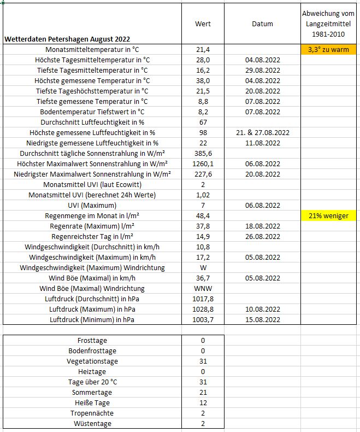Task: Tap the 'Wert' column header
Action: pos(203,24)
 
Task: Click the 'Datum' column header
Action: pos(262,24)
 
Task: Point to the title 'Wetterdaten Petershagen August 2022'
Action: pos(67,39)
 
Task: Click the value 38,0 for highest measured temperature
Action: pos(203,81)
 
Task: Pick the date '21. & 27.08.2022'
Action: pos(262,133)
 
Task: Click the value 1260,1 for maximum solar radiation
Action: pos(203,164)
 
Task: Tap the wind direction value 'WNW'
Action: pos(203,289)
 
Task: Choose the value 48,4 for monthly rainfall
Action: pos(203,216)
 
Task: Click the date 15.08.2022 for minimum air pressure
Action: pos(262,320)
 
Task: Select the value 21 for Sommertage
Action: pos(203,393)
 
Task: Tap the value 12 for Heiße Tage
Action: pos(203,403)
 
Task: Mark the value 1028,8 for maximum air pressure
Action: pos(203,310)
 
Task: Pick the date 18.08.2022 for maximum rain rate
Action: pos(262,226)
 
